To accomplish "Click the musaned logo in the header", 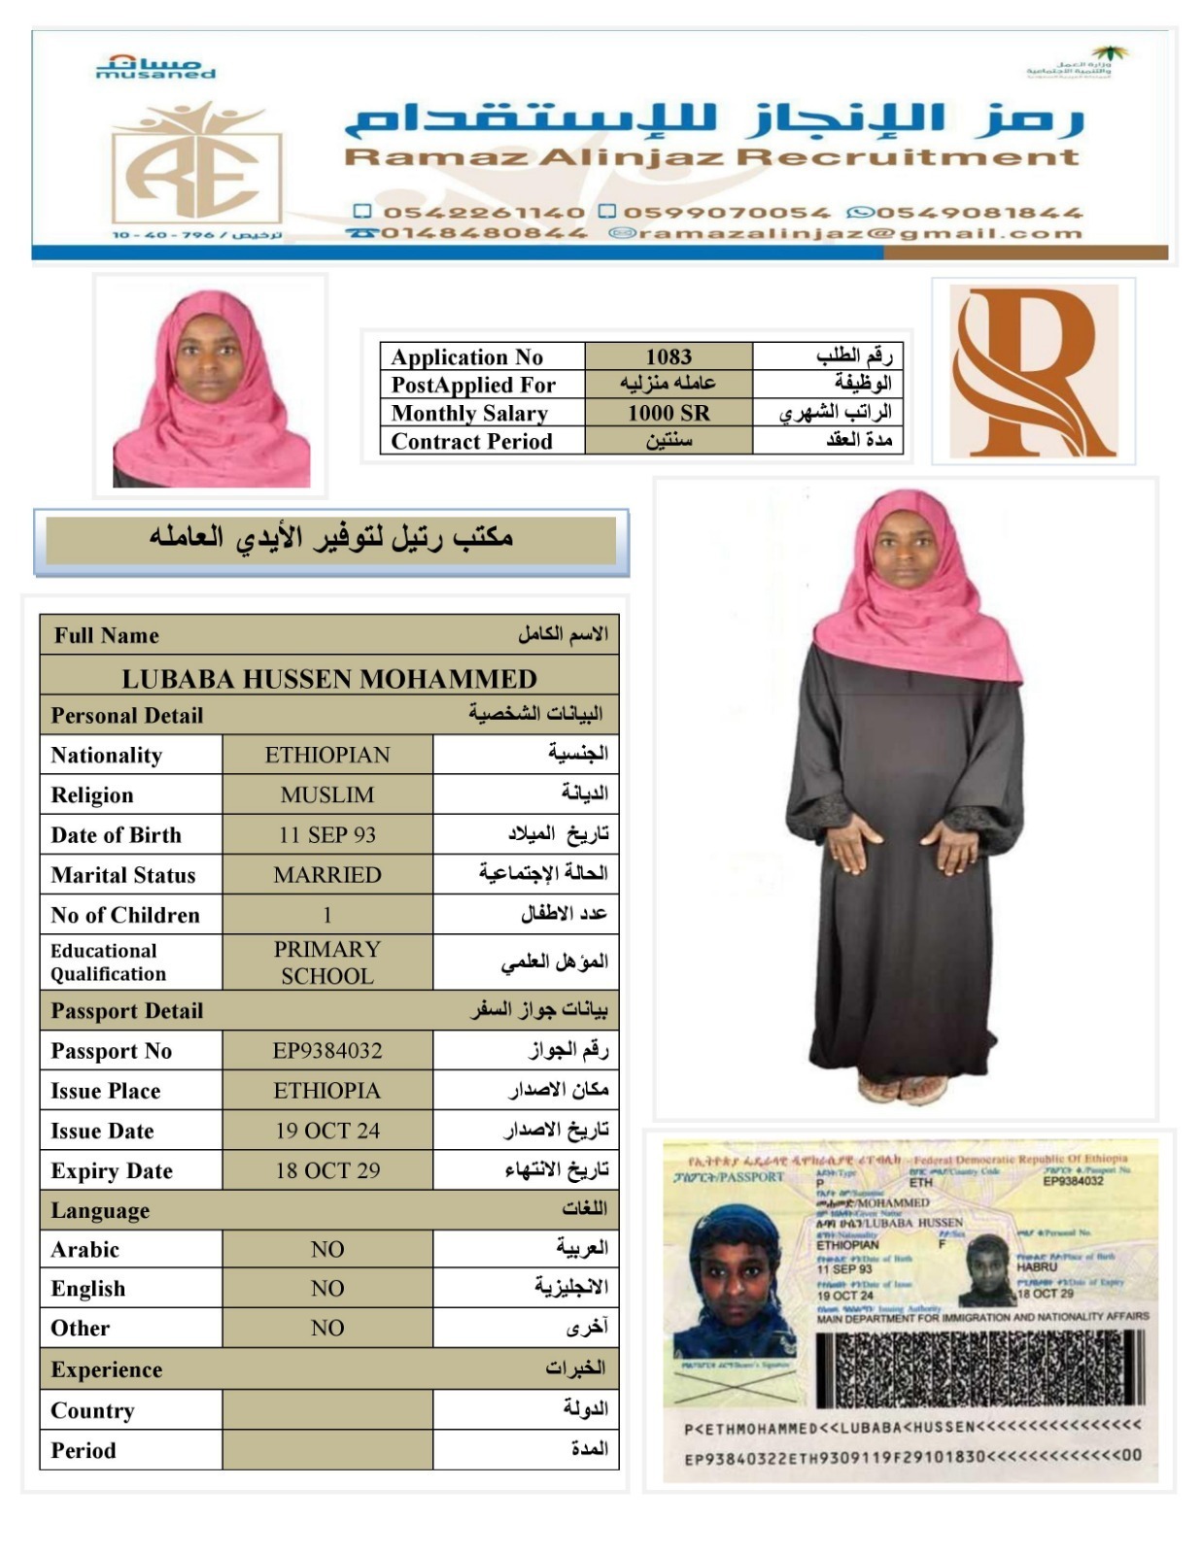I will tap(155, 67).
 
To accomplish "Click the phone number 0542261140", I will tap(483, 213).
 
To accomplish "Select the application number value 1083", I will tap(669, 356).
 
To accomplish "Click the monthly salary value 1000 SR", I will tap(669, 413).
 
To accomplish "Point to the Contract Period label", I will tap(471, 441).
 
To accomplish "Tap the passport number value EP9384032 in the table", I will tap(327, 1051).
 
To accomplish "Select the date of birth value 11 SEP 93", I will tap(327, 835).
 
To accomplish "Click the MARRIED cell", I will tap(327, 875).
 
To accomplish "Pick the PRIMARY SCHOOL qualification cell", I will tap(327, 963).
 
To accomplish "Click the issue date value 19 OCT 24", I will tap(327, 1131).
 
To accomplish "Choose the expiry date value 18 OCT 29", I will tap(327, 1170).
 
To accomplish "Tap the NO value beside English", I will tap(327, 1289).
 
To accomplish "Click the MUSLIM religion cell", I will tap(327, 795).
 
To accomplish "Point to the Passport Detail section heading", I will tap(127, 1011).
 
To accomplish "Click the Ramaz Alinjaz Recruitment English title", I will tap(712, 157).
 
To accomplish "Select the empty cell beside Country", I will tap(327, 1410).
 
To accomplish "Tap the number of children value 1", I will tap(327, 915).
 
